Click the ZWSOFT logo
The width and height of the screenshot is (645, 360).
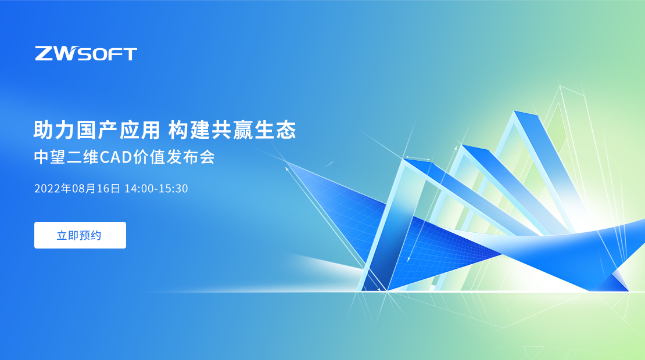(86, 53)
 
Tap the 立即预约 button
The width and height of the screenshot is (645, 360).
(80, 235)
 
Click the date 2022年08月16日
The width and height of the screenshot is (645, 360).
(77, 188)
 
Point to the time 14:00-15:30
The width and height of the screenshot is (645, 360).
(156, 188)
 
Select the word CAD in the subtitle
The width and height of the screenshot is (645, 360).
(116, 157)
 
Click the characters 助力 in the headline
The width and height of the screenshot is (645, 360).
(53, 130)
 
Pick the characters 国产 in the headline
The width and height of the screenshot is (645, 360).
(96, 130)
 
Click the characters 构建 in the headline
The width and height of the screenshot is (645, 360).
(189, 130)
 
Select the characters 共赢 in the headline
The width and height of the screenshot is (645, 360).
(232, 130)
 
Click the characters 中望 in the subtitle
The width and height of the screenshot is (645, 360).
(50, 157)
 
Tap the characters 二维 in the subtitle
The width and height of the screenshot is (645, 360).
(83, 157)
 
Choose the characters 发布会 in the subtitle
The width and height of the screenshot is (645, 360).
(191, 157)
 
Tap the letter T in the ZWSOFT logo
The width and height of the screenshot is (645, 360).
(130, 54)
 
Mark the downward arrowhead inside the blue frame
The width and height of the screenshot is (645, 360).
(408, 259)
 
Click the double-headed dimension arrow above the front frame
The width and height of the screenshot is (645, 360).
(417, 158)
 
